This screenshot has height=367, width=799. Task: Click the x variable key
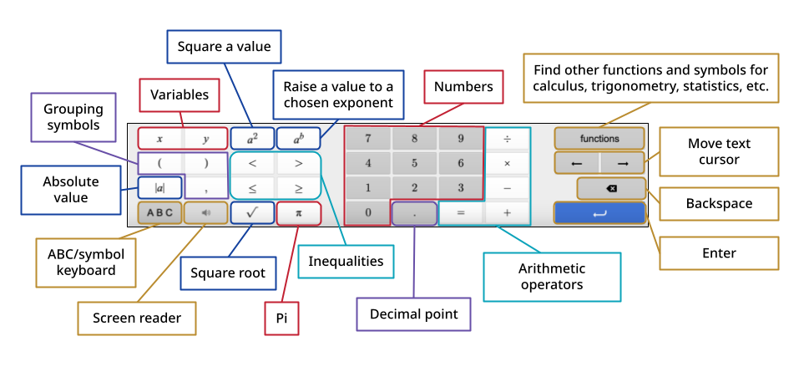pos(160,139)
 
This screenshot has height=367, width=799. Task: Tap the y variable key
pos(205,139)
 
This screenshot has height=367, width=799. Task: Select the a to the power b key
pos(298,139)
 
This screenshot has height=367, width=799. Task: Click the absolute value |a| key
pos(160,188)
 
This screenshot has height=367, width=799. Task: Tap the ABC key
pos(160,212)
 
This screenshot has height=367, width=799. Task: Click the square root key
pos(252,212)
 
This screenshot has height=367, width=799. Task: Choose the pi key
pos(298,212)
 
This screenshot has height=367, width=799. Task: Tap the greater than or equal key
pos(298,188)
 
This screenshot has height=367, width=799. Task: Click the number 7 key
pos(367,139)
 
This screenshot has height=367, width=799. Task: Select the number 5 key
pos(414,163)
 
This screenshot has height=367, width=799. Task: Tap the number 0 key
pos(367,212)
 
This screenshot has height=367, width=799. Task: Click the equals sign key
pos(460,212)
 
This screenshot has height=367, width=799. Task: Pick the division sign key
pos(507,139)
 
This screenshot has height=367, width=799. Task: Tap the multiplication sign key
pos(507,163)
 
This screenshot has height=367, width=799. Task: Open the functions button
pos(599,139)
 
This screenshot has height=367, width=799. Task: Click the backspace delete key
pos(611,188)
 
